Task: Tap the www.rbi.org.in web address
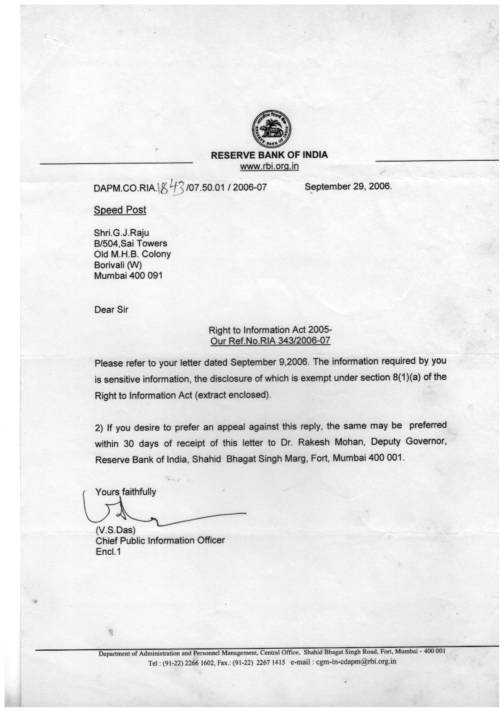[x=269, y=166]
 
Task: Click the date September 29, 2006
[x=348, y=187]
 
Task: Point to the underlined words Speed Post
[x=120, y=210]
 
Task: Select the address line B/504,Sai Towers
[x=130, y=244]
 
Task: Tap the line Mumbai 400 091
[x=128, y=276]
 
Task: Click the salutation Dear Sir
[x=111, y=310]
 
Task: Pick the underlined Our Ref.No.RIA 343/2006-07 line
[x=270, y=341]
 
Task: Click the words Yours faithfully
[x=125, y=492]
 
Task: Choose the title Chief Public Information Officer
[x=160, y=541]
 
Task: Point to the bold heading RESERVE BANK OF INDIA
[x=269, y=155]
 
